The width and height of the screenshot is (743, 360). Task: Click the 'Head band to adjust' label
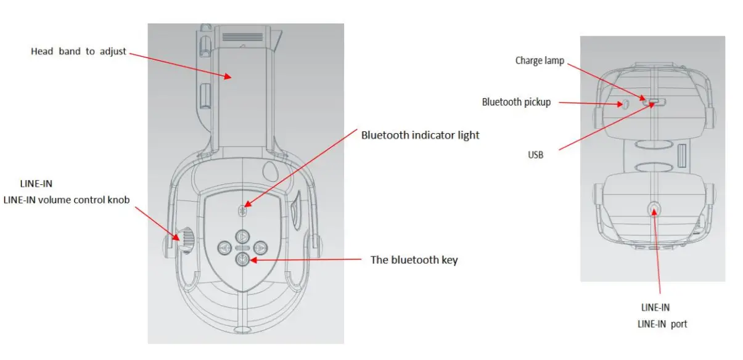pyautogui.click(x=78, y=52)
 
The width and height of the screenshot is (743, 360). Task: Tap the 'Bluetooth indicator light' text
pyautogui.click(x=420, y=135)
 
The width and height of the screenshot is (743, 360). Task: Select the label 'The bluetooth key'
pyautogui.click(x=414, y=260)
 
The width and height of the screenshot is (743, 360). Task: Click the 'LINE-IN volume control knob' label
pyautogui.click(x=67, y=198)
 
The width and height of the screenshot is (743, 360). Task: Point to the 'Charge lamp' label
pyautogui.click(x=540, y=60)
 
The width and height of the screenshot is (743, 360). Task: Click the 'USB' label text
pyautogui.click(x=536, y=155)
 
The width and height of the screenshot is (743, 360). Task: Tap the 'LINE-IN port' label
pyautogui.click(x=663, y=324)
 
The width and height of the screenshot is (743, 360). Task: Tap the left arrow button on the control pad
pyautogui.click(x=224, y=248)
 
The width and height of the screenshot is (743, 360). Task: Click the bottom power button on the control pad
pyautogui.click(x=242, y=260)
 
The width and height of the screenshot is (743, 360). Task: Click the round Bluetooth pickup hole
pyautogui.click(x=624, y=104)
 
